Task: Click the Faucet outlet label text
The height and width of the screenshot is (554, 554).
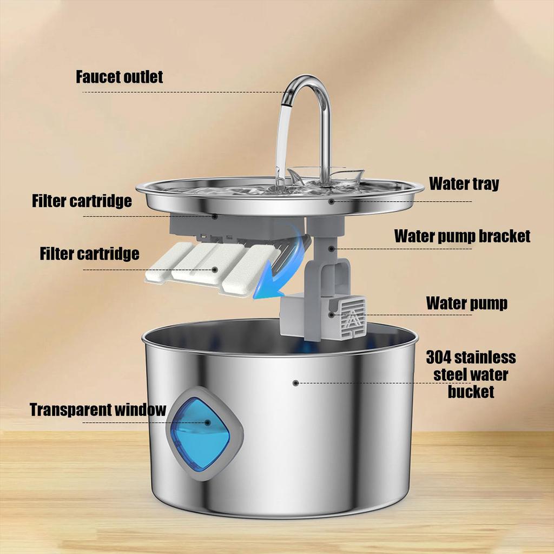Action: (119, 77)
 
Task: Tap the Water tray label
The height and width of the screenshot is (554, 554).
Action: (464, 183)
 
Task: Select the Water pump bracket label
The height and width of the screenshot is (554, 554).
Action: (462, 236)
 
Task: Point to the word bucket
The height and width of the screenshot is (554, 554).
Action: (471, 391)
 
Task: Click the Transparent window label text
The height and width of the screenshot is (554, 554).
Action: (97, 410)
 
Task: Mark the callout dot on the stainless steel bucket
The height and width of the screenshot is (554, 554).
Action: (295, 382)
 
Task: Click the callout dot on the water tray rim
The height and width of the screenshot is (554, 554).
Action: (332, 201)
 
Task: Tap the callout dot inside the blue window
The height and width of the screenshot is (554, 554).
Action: (207, 423)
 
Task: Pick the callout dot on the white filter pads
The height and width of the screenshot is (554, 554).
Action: (215, 269)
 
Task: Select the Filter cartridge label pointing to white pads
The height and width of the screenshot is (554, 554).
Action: (89, 254)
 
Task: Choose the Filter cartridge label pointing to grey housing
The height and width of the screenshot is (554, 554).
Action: (81, 201)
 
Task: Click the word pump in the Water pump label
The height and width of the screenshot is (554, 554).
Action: (487, 303)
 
